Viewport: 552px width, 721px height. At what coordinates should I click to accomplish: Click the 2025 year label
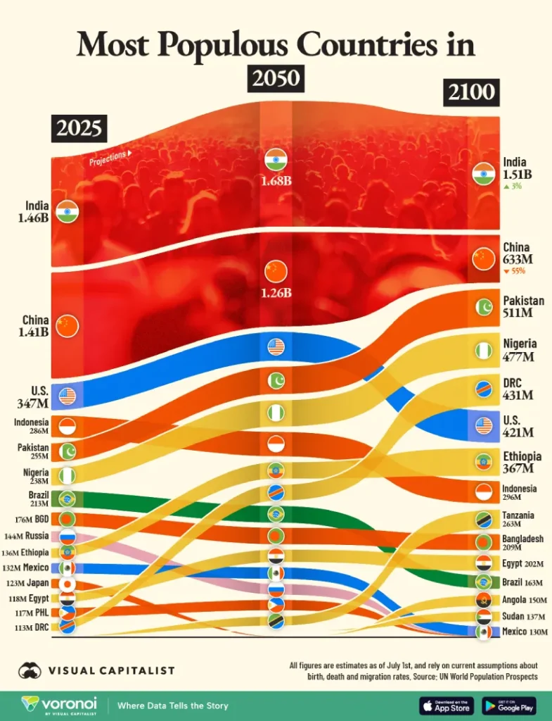coord(79,129)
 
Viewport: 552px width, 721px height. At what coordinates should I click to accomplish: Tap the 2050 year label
coord(276,78)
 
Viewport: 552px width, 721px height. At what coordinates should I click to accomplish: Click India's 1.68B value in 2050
coord(276,180)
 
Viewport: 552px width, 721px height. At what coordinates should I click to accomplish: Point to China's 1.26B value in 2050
coord(276,290)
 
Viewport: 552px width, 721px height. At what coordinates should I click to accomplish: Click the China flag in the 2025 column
coord(68,325)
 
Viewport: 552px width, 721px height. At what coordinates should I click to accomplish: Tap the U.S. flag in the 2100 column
coord(483,425)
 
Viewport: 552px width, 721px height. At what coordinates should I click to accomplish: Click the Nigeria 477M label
coord(520,350)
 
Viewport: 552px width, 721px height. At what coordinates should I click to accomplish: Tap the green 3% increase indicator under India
coord(513,187)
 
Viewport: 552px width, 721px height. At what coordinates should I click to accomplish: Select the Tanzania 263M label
coord(519,520)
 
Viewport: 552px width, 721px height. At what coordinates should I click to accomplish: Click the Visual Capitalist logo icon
coord(30,671)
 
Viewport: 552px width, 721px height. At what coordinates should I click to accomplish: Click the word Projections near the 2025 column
coord(108,158)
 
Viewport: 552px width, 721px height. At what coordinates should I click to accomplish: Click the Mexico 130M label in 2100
coord(524,632)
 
